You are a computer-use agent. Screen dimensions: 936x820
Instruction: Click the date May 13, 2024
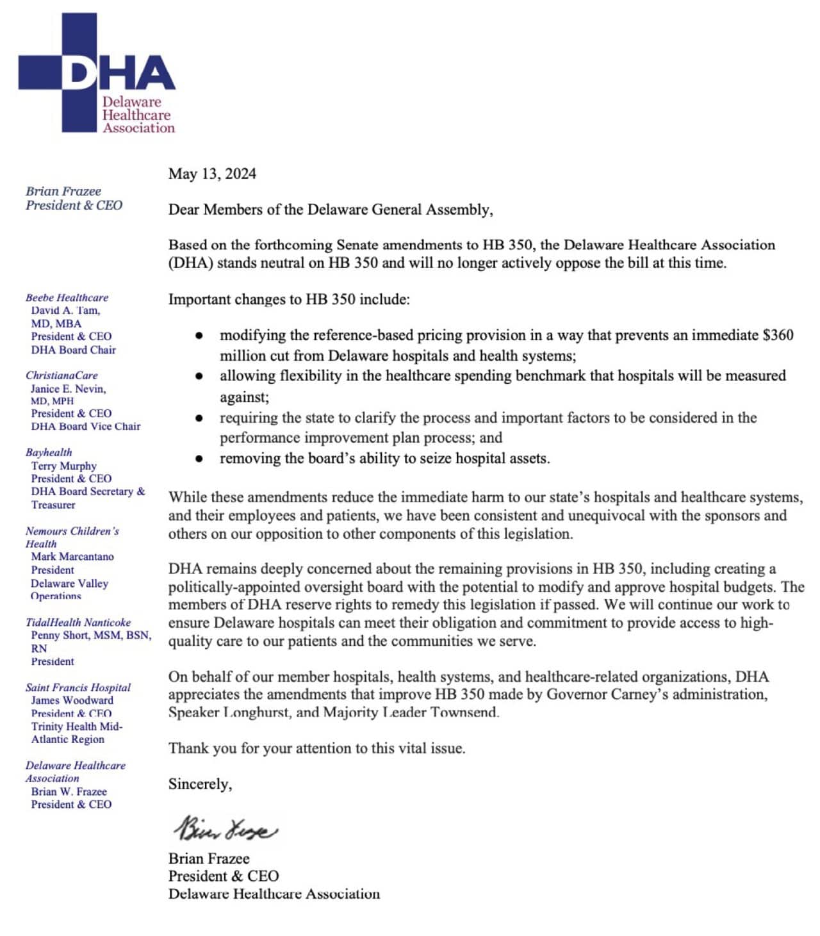click(x=212, y=174)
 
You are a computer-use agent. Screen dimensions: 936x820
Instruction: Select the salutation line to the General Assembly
click(x=331, y=209)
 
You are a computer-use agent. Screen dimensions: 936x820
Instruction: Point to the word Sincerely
click(x=200, y=784)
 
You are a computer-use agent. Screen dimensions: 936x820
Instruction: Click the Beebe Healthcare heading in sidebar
click(x=67, y=297)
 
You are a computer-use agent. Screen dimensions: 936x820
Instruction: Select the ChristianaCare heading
click(x=61, y=375)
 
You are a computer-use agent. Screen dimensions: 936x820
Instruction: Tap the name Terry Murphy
click(x=63, y=466)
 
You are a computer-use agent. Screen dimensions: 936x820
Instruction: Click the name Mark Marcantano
click(x=72, y=556)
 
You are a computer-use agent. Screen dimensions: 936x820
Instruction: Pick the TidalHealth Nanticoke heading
click(x=78, y=622)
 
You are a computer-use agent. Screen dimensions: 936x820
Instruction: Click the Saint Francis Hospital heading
click(x=78, y=687)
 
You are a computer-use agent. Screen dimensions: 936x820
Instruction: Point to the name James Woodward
click(x=72, y=700)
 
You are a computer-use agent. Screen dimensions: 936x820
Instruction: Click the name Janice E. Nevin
click(x=69, y=388)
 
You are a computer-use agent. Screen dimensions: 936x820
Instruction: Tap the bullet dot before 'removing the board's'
click(x=200, y=459)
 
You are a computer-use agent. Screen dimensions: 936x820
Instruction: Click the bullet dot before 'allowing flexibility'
click(x=200, y=376)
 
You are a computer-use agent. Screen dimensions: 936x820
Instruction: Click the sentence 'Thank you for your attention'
click(x=316, y=748)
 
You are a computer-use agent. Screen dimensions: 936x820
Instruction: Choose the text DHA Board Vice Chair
click(x=86, y=426)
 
